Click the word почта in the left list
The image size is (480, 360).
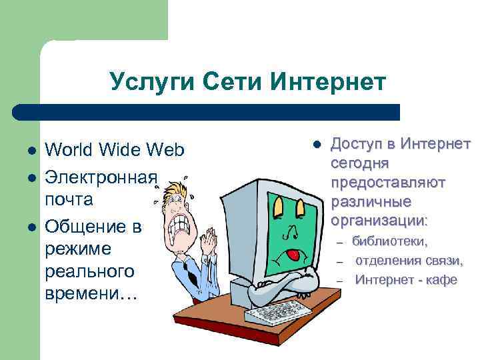pos(68,199)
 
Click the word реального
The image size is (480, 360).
pos(89,272)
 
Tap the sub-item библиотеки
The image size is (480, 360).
pos(391,241)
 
